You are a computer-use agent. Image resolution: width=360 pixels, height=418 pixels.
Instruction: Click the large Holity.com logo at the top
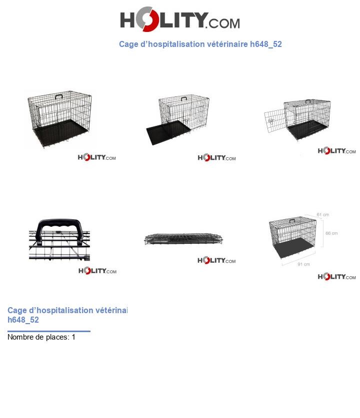(x=179, y=21)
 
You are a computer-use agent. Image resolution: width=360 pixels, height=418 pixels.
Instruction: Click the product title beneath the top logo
(x=200, y=44)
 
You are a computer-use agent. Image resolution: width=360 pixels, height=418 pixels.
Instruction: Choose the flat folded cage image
(x=183, y=239)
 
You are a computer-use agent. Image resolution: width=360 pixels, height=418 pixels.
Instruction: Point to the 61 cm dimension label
(x=322, y=215)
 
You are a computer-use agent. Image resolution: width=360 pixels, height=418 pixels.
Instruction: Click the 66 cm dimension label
(x=331, y=233)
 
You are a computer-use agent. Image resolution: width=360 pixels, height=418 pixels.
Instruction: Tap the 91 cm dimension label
(x=303, y=264)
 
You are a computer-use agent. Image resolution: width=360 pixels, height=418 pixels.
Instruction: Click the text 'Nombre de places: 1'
(x=41, y=337)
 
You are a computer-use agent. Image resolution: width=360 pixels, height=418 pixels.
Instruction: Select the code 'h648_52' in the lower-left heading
(x=23, y=320)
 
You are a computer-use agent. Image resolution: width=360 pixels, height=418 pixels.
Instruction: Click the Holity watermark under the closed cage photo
(x=96, y=158)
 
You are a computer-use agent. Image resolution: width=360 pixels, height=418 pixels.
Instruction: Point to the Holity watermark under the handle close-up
(x=97, y=271)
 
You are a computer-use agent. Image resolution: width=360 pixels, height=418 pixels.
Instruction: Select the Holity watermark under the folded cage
(x=216, y=260)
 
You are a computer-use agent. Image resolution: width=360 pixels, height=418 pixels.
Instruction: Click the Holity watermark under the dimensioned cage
(x=336, y=277)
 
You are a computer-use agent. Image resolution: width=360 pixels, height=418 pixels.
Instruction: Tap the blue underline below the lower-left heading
(x=49, y=331)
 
